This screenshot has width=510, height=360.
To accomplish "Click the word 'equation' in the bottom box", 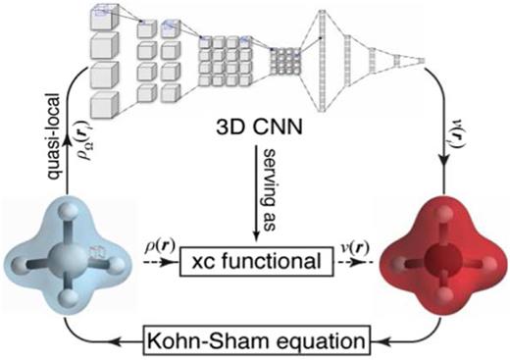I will (x=309, y=339).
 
